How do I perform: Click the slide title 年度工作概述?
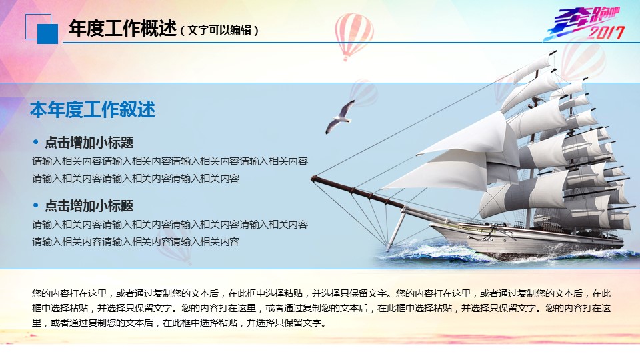tap(123, 29)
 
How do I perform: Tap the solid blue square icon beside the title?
tap(48, 34)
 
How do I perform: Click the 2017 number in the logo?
tap(606, 32)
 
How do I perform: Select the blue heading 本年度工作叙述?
tap(93, 109)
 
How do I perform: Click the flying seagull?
tap(339, 117)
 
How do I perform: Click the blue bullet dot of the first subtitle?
tap(36, 143)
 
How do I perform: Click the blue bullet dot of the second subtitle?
tap(36, 206)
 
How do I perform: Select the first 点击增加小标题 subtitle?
tap(89, 143)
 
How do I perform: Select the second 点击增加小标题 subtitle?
tap(89, 206)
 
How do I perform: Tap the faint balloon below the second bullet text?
tap(175, 244)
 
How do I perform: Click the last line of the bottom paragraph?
tap(179, 323)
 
